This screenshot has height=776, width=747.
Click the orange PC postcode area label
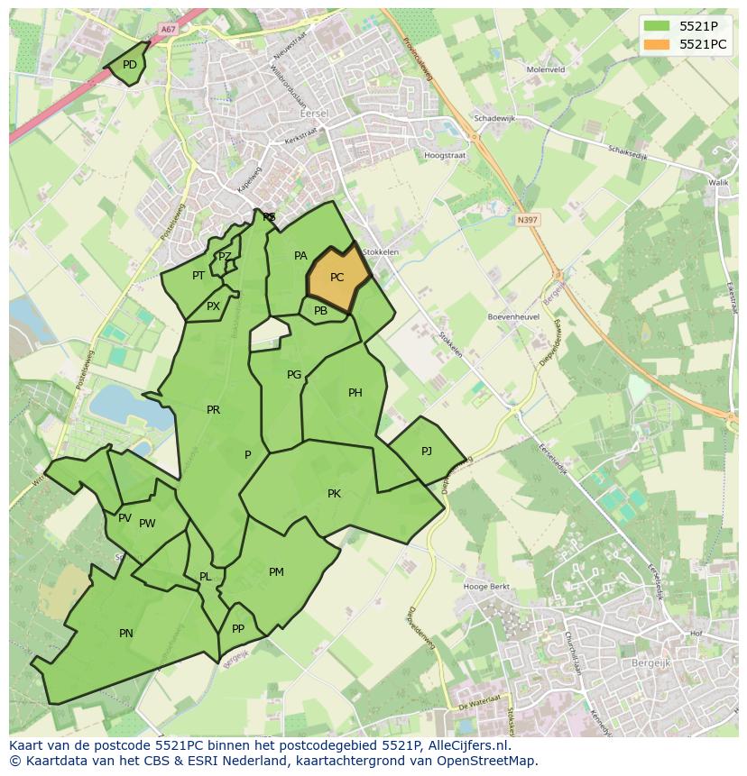click(x=337, y=278)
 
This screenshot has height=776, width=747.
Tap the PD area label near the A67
click(x=130, y=65)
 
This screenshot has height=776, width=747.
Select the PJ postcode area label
click(x=427, y=451)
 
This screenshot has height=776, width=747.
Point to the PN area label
click(x=126, y=634)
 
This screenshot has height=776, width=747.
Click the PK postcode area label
click(x=334, y=494)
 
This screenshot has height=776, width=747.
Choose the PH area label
click(x=355, y=393)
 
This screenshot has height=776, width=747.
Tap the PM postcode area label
click(x=276, y=572)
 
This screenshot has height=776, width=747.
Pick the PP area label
click(x=238, y=629)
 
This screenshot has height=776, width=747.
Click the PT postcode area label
click(x=198, y=276)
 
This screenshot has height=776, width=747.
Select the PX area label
click(x=213, y=306)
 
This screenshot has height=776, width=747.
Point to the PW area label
click(x=147, y=524)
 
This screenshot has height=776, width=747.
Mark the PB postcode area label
click(x=320, y=311)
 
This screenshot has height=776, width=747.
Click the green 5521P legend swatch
click(x=657, y=26)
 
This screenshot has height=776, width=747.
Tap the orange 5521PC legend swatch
click(x=657, y=44)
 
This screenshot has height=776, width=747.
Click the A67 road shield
click(x=167, y=30)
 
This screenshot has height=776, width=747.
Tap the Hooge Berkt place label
click(x=486, y=587)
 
